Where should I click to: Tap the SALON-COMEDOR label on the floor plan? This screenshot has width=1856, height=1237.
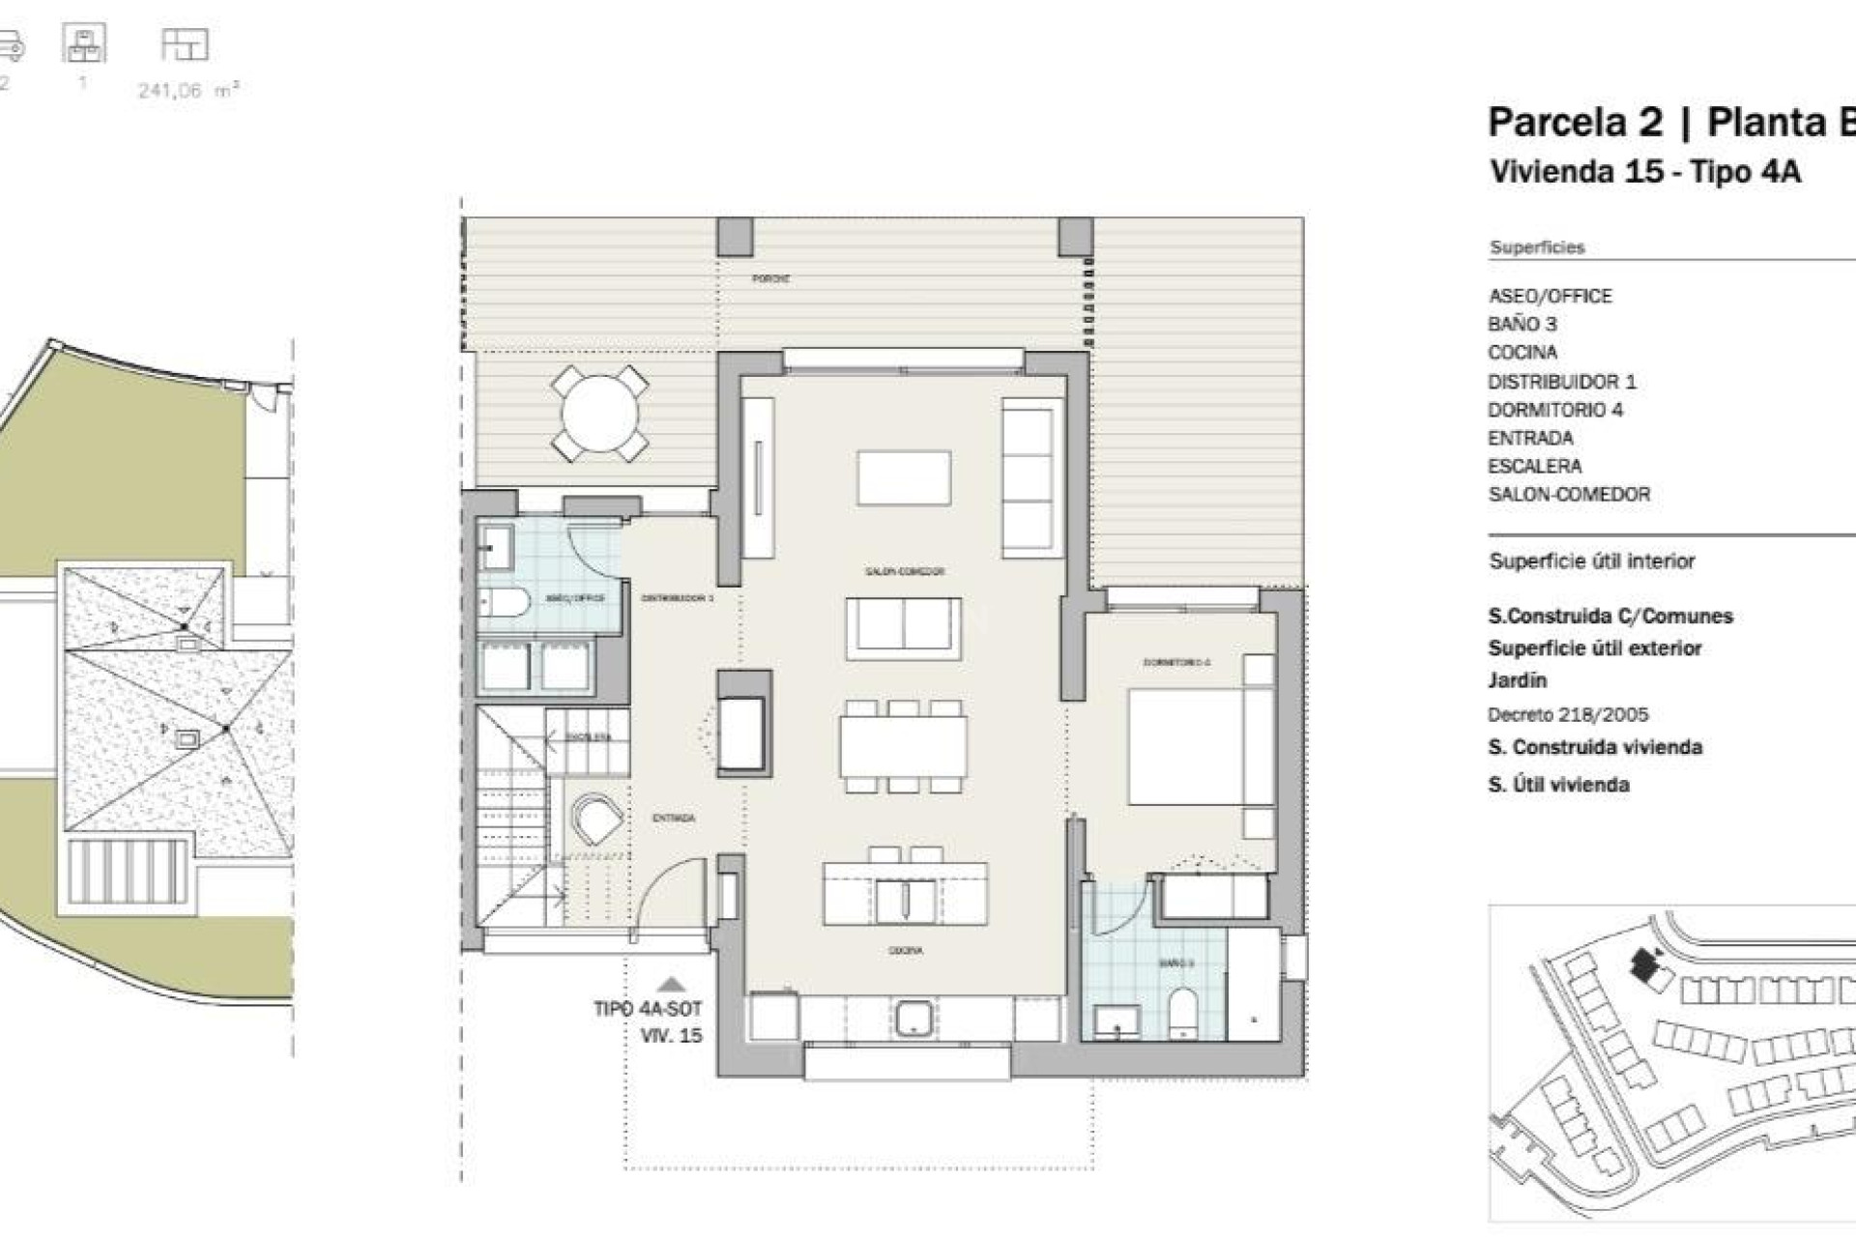click(x=904, y=571)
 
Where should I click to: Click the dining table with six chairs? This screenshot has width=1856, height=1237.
click(x=903, y=745)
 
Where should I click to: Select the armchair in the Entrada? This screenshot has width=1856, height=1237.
click(x=596, y=820)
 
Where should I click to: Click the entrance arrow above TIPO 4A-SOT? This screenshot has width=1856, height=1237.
click(x=671, y=985)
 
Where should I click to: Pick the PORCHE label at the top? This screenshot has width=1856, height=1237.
click(x=770, y=278)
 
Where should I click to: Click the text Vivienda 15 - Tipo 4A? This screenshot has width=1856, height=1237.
click(x=1645, y=172)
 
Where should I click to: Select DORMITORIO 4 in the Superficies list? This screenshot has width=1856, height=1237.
click(x=1555, y=410)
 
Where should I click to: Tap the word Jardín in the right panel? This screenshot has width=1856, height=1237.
click(x=1518, y=680)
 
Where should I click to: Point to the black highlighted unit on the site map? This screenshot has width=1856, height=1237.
click(x=1643, y=963)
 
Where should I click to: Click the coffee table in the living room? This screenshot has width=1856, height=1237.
click(x=903, y=477)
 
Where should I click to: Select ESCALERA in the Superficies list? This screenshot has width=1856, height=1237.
click(x=1535, y=466)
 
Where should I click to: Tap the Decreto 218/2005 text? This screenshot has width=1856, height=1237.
click(x=1568, y=715)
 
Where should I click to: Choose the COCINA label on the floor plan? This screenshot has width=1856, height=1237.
click(x=905, y=951)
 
